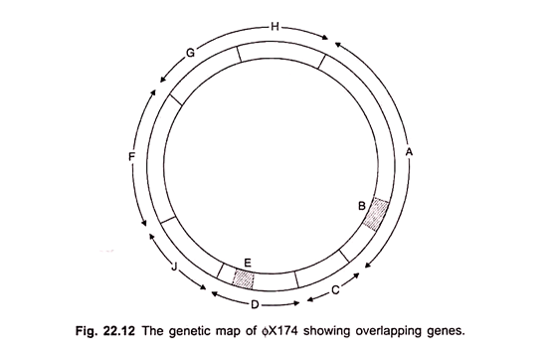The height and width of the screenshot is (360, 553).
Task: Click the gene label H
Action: (x=275, y=27)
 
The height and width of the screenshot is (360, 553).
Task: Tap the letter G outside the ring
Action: (x=190, y=53)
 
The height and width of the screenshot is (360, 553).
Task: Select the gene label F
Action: (x=132, y=156)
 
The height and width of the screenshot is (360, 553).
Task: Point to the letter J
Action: (x=173, y=267)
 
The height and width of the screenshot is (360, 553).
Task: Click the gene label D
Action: (x=255, y=304)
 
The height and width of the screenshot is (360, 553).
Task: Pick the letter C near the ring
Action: (x=335, y=289)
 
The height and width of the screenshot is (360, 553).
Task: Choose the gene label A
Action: (x=409, y=152)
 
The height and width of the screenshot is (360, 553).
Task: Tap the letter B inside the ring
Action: (x=362, y=206)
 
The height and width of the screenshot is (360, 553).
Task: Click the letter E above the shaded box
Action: (x=248, y=263)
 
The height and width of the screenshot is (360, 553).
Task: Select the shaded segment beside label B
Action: (x=376, y=214)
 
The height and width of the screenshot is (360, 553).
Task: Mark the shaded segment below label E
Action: (x=244, y=279)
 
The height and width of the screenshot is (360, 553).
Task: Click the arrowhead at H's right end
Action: (x=325, y=38)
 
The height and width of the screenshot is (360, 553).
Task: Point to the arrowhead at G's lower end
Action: (x=162, y=80)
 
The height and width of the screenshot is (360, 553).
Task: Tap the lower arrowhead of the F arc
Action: (x=143, y=223)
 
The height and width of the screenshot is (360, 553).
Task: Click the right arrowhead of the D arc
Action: (x=296, y=303)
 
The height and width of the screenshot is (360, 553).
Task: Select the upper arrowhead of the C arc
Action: (x=356, y=275)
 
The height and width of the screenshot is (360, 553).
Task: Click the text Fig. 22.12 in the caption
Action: (x=105, y=331)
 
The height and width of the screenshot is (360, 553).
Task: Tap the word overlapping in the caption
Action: (x=390, y=332)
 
